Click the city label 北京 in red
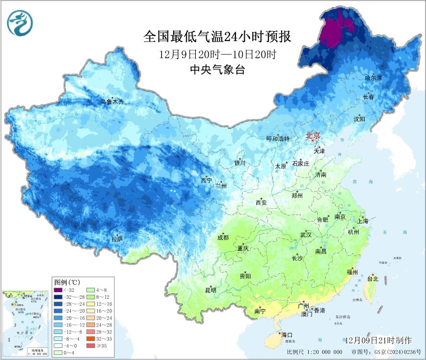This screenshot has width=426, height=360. click(x=313, y=135)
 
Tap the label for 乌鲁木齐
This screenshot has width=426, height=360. click(x=111, y=102)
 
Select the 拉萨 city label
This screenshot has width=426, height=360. click(x=117, y=239)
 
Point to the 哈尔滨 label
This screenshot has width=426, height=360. click(x=373, y=78)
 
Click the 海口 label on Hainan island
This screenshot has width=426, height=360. click(x=287, y=334)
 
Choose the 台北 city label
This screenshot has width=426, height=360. click(x=372, y=279)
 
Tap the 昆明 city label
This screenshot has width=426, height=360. click(x=210, y=290)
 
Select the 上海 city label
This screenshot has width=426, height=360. click(x=362, y=221)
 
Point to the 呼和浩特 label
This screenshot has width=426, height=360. click(x=277, y=139)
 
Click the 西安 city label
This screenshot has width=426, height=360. click(x=261, y=203)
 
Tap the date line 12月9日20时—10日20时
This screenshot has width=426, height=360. click(x=217, y=54)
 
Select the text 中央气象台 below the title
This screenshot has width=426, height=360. click(x=218, y=70)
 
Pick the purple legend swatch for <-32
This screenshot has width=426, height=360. click(x=59, y=290)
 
